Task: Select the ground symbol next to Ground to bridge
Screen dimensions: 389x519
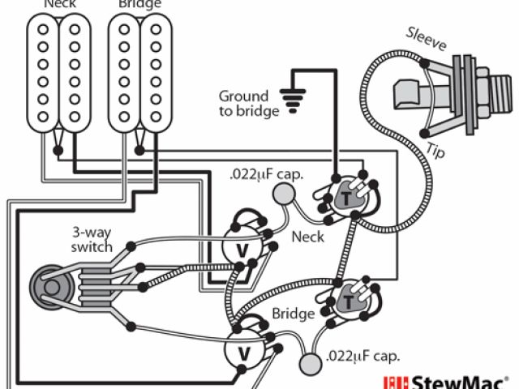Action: coord(291,96)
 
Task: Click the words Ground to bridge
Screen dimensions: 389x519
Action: coord(247,103)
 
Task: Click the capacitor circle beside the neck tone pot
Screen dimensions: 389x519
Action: coord(284,193)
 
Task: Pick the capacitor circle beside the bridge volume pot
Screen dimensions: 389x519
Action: coord(309,365)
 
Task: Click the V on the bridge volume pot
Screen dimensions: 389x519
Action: coord(241,353)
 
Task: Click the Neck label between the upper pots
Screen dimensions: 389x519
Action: coord(307,237)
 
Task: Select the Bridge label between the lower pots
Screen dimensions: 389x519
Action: coord(293,314)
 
